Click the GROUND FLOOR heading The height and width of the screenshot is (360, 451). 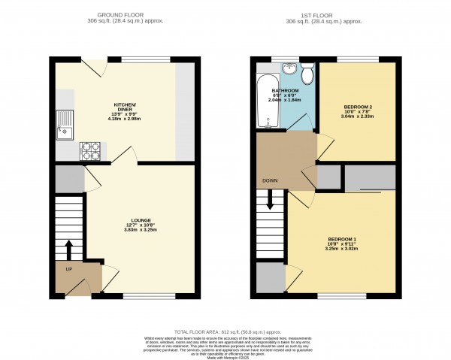(124, 14)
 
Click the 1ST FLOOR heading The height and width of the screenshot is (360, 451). (325, 14)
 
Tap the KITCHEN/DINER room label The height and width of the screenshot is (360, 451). (124, 107)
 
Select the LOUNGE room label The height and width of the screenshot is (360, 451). (139, 219)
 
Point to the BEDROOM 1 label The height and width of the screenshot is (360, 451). (342, 239)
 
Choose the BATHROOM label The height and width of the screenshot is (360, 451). (286, 91)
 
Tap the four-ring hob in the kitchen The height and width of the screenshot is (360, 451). (90, 150)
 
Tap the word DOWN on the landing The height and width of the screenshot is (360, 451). (271, 181)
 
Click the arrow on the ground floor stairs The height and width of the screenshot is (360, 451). (69, 249)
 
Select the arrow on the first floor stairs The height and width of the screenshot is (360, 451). (270, 201)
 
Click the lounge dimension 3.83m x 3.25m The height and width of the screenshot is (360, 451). (139, 231)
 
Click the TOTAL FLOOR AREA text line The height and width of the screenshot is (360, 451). (225, 331)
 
